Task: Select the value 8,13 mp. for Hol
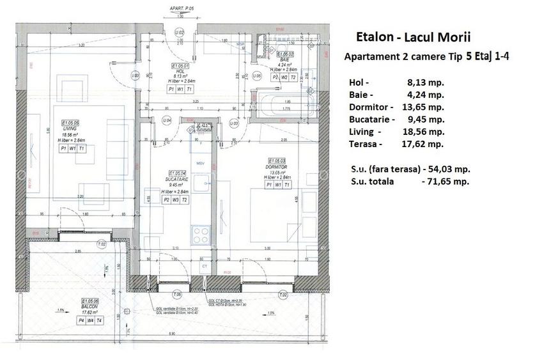tap(425, 82)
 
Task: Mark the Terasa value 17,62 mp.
tap(423, 144)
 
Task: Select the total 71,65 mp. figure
tap(446, 182)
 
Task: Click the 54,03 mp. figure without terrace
tap(447, 169)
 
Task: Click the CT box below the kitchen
tap(205, 265)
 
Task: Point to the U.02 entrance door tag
tap(180, 32)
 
